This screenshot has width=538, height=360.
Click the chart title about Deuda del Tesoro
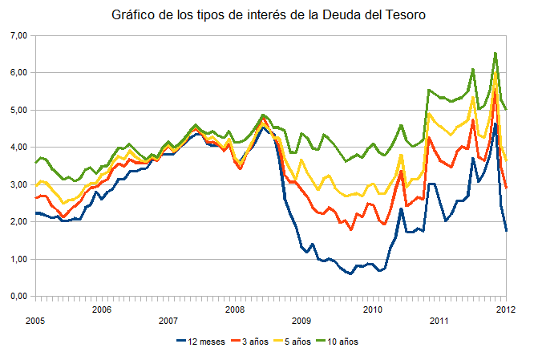click(x=269, y=15)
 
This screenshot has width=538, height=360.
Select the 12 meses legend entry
click(x=202, y=341)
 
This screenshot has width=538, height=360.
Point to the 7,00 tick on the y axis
click(x=18, y=35)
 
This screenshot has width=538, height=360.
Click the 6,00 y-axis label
click(x=18, y=73)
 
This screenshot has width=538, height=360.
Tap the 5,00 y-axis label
click(x=18, y=110)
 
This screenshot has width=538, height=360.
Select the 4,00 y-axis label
click(x=18, y=148)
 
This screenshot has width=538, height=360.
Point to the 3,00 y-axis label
click(x=18, y=184)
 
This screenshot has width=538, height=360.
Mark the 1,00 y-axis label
click(x=18, y=259)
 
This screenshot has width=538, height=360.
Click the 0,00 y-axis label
click(x=18, y=297)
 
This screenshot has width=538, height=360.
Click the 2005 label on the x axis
click(x=34, y=320)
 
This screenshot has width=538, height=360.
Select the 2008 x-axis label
click(x=234, y=309)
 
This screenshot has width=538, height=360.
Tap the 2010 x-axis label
click(x=372, y=309)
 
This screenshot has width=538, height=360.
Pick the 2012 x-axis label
click(x=505, y=309)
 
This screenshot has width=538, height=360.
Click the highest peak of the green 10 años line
click(x=496, y=54)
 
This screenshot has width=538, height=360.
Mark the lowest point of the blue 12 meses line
click(x=350, y=273)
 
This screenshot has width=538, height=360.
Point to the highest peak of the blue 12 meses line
click(x=496, y=123)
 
